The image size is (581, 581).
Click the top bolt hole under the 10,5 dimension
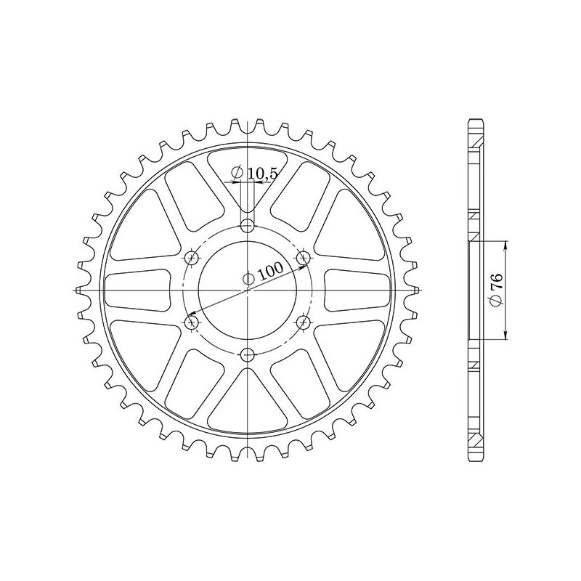248,224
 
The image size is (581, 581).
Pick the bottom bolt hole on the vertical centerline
248,354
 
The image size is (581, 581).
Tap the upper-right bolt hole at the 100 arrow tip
304,256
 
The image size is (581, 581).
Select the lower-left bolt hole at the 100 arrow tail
192,322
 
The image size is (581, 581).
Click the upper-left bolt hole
192,256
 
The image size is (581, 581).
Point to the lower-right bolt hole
304,322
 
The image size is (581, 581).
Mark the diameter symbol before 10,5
236,173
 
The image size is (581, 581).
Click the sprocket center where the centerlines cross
248,289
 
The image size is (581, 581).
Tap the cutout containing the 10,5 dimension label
248,182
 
